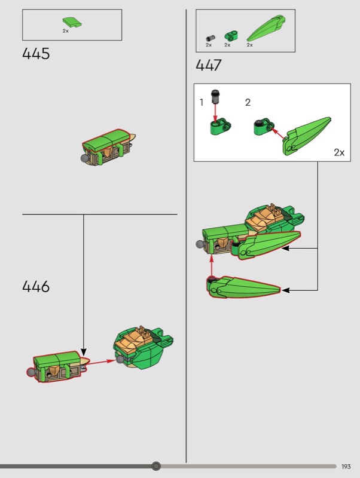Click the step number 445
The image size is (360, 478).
coord(36,54)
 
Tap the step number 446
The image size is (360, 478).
coord(36,287)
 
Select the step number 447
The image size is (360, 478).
coord(208,65)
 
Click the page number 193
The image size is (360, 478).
coord(346,467)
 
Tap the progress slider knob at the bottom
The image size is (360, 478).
coord(156,466)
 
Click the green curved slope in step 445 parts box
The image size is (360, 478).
coord(72,22)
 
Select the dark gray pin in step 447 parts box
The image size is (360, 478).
coord(210,38)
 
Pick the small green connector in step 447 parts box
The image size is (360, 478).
coord(231,36)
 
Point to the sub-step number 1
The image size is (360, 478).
coord(202,102)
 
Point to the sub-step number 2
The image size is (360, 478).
coord(248,102)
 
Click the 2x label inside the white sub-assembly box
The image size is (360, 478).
coord(339,152)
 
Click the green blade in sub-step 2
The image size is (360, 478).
coord(306,136)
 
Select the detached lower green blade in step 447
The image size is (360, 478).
coord(244,287)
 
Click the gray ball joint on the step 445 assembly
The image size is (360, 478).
coord(84,158)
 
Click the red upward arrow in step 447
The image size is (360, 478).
coord(211,266)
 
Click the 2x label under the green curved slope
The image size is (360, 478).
coord(66,31)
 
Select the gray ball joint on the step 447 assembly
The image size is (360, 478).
coord(200,244)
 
